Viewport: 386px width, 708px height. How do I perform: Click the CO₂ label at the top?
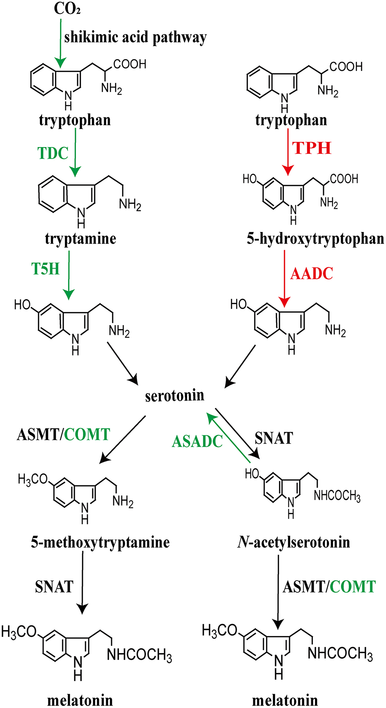tap(67, 9)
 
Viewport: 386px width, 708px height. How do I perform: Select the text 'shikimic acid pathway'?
tap(135, 38)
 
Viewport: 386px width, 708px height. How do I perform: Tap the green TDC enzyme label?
tap(53, 153)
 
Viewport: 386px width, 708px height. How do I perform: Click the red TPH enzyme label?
tap(312, 148)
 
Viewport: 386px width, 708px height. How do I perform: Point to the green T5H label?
tap(45, 269)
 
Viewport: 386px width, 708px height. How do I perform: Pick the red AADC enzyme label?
tap(312, 274)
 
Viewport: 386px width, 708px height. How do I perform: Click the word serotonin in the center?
tap(174, 395)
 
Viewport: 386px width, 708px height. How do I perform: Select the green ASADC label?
tap(197, 441)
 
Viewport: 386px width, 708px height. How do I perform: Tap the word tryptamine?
tap(80, 239)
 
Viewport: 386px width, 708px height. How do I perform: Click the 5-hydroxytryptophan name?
tap(315, 239)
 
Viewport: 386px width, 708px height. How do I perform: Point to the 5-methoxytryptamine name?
tap(100, 542)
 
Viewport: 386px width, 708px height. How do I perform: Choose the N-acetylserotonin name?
tap(294, 542)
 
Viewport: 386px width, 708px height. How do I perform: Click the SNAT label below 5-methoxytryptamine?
tap(54, 587)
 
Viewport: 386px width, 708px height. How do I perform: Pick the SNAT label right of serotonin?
tap(274, 439)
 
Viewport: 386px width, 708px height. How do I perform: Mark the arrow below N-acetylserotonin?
tap(278, 592)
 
